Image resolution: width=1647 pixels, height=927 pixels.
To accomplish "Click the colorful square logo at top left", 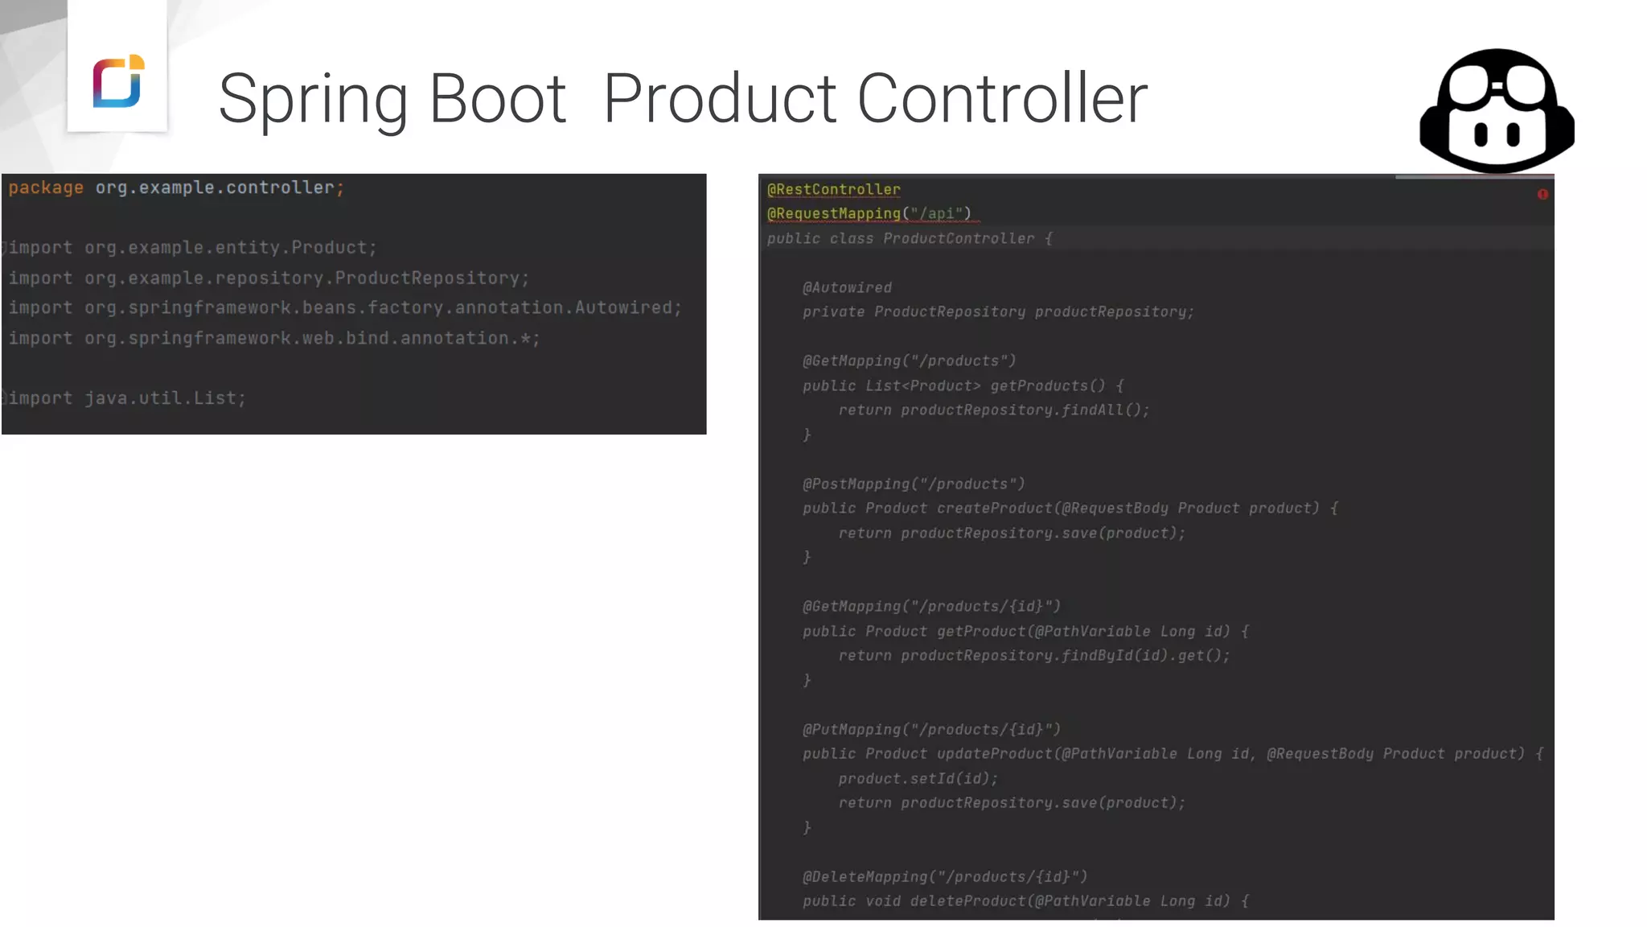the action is pos(117,81).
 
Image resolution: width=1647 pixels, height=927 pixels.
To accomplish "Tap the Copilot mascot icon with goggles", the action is pos(1497,111).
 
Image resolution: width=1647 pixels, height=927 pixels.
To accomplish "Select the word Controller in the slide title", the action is pos(1002,99).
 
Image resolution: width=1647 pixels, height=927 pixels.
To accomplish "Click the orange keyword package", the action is pos(46,187).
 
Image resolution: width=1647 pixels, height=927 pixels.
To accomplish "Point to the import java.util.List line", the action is pos(127,398).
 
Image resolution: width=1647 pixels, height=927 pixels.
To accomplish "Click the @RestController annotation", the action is pos(833,190).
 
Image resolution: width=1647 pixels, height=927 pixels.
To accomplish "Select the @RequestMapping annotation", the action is pos(833,214).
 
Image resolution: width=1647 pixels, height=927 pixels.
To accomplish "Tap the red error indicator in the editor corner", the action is pos(1542,194).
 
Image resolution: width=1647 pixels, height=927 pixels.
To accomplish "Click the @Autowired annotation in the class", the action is pos(847,288).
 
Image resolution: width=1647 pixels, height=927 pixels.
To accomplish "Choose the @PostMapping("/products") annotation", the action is pos(914,484).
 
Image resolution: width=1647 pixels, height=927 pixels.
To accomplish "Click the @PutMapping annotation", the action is pos(931,730).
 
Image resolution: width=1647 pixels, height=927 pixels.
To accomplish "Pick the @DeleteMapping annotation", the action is pos(945,877).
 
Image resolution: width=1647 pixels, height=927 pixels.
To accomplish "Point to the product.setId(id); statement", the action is pos(918,779).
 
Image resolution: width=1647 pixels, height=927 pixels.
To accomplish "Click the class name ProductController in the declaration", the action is pos(959,239).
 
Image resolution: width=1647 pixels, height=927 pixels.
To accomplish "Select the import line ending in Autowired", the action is pos(345,308).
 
